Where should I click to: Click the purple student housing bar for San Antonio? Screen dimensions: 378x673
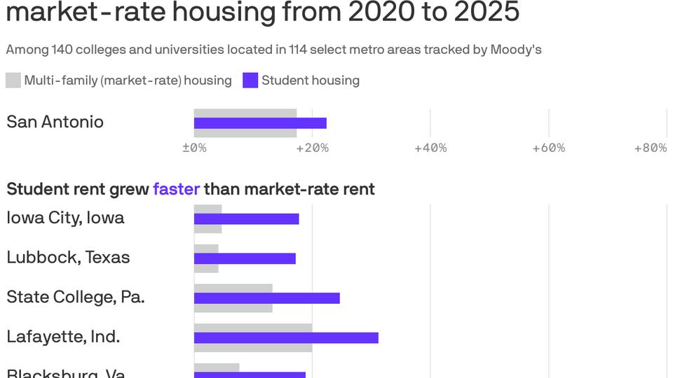click(260, 123)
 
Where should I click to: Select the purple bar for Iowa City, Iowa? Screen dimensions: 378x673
click(246, 219)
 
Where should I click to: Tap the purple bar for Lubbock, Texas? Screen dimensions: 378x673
click(245, 258)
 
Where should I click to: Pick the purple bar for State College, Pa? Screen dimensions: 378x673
click(266, 298)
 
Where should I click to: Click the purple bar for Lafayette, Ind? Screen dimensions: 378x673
click(286, 338)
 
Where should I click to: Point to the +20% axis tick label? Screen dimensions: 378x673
click(312, 148)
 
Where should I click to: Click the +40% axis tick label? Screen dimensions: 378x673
click(430, 148)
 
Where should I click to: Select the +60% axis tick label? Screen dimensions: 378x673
click(548, 148)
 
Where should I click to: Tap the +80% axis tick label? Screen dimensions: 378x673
click(650, 148)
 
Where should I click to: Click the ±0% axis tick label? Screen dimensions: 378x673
click(194, 148)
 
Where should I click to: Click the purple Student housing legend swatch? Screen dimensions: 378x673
click(250, 80)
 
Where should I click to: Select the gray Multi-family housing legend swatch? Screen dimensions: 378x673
click(13, 80)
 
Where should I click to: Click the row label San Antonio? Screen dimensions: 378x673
click(55, 122)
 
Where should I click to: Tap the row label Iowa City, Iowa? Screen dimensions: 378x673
click(65, 218)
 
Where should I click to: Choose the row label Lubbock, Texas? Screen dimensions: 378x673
click(68, 258)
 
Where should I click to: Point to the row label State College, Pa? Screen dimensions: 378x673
click(75, 297)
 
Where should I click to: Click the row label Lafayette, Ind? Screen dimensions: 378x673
click(63, 337)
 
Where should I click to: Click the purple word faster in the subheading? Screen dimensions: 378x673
click(176, 189)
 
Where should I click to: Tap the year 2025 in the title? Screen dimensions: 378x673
click(479, 12)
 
